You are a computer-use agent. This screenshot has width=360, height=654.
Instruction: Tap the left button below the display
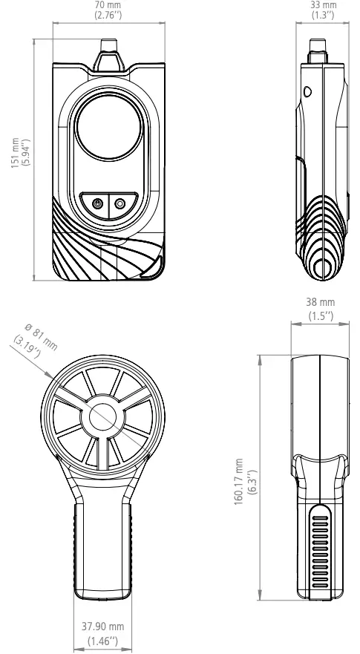point(96,202)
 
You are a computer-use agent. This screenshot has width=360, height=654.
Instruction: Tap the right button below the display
point(120,202)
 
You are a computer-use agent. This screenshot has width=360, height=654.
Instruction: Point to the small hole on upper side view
point(309,93)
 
